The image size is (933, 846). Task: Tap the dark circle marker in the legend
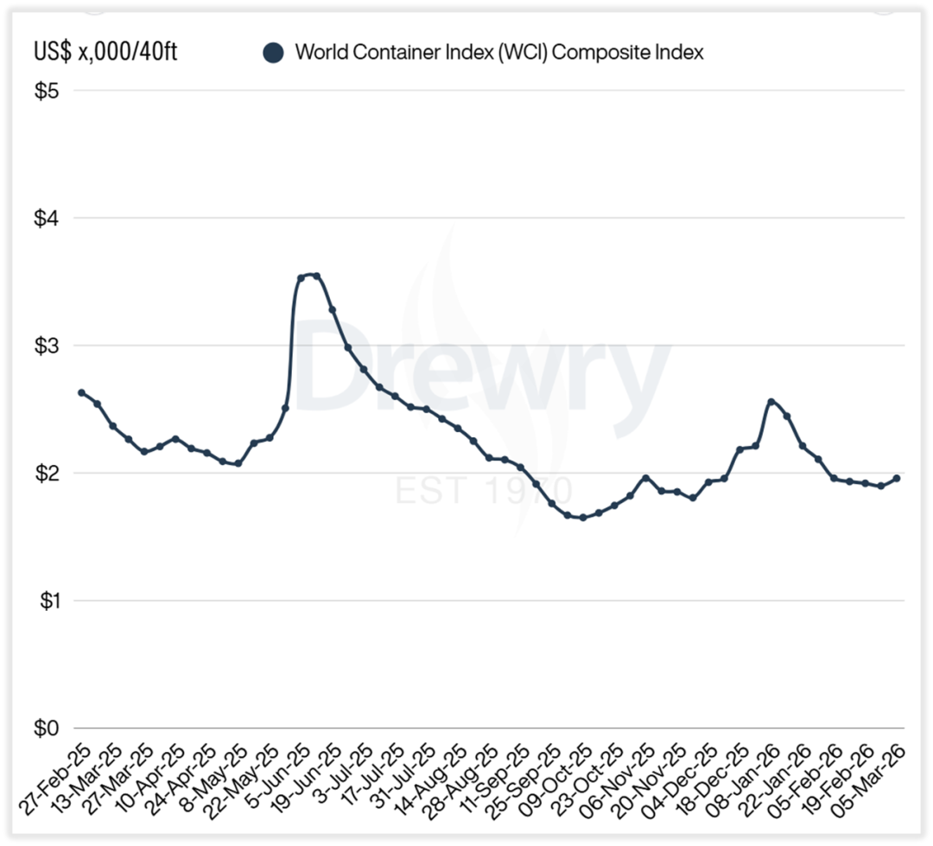273,53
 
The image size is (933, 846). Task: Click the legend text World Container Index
499,52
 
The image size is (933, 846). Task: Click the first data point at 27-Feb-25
81,392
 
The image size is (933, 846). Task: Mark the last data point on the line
897,478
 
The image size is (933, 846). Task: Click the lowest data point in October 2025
582,518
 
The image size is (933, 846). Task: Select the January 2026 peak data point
771,402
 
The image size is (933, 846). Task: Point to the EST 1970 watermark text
483,490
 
